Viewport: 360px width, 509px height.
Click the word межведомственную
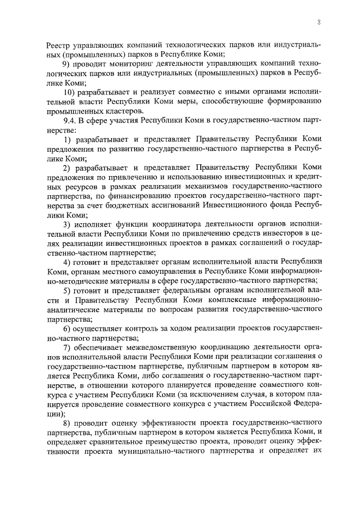tap(155, 348)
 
